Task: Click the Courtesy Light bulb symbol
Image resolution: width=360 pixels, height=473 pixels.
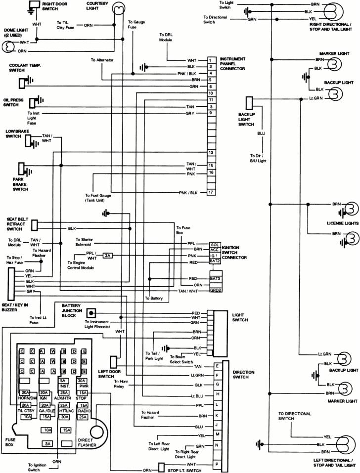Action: pos(119,8)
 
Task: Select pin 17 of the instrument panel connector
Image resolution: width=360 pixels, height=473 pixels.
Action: pos(211,192)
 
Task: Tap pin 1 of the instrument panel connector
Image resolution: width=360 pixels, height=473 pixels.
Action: pos(211,59)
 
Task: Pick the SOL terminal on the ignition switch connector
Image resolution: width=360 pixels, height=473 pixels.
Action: pos(215,244)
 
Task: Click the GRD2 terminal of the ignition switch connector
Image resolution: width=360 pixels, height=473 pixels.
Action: pos(215,291)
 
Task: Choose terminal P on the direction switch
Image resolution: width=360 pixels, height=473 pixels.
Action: pos(217,465)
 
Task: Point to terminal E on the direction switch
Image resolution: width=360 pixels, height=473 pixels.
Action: pos(217,366)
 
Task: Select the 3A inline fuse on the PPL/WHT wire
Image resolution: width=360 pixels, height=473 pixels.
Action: pos(107,256)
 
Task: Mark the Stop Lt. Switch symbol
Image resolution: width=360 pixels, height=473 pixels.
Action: pos(161,467)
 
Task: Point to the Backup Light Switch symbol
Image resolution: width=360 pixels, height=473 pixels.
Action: pos(249,102)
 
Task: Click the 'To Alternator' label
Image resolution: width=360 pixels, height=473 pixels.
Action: pos(102,60)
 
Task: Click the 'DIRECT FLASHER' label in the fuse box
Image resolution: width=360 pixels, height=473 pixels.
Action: pos(87,443)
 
